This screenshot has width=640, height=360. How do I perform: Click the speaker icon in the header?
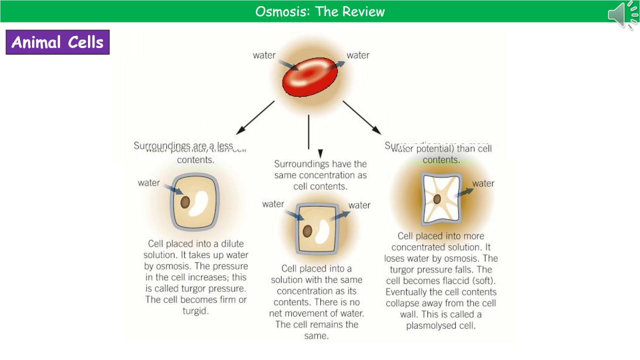pyautogui.click(x=622, y=14)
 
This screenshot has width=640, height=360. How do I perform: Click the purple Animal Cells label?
pyautogui.click(x=57, y=42)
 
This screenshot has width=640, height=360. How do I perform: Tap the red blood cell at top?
pyautogui.click(x=310, y=77)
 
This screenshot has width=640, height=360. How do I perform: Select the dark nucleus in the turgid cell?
pyautogui.click(x=185, y=202)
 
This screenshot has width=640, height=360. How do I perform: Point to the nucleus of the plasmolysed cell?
pyautogui.click(x=437, y=199)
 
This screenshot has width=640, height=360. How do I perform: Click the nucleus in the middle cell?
pyautogui.click(x=307, y=231)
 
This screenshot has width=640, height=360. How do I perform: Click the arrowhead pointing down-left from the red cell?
pyautogui.click(x=240, y=130)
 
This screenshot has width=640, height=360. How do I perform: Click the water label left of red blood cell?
pyautogui.click(x=264, y=55)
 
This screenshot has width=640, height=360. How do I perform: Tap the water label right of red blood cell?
pyautogui.click(x=358, y=55)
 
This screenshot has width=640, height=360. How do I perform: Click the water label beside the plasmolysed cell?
pyautogui.click(x=483, y=183)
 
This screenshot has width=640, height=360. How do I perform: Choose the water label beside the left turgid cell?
pyautogui.click(x=149, y=183)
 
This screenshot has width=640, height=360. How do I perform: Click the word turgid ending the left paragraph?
pyautogui.click(x=195, y=310)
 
